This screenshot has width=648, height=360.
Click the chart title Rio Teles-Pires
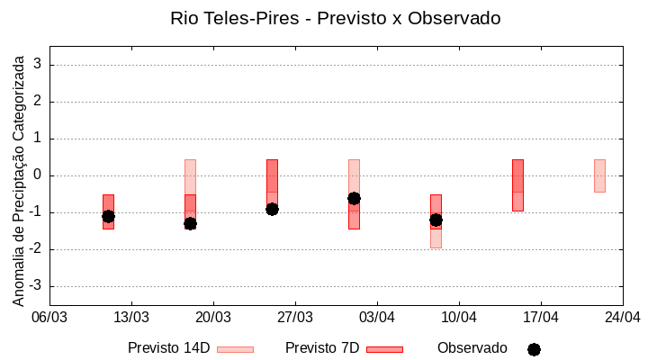pos(335,18)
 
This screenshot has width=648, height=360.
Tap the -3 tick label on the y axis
pos(36,286)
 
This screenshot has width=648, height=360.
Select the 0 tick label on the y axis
pos(39,175)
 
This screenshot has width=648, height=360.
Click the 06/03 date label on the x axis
pos(49,317)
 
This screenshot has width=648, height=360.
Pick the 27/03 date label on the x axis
pos(295,317)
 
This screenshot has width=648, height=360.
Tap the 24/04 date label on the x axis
pos(622,317)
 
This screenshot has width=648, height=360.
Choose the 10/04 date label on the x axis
pos(459,317)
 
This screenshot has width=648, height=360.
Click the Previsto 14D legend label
pos(168,348)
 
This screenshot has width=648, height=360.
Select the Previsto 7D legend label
pos(322,348)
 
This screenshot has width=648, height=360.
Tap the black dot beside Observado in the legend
pos(534,349)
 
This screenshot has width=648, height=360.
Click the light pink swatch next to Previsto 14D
pos(235,349)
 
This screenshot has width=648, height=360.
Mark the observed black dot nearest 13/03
pos(108,216)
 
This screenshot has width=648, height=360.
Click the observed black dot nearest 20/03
pos(190,223)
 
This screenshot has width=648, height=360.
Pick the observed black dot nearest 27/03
pos(272,209)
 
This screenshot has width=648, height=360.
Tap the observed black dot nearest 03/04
pos(354,198)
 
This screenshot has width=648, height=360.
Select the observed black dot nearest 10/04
pos(436,220)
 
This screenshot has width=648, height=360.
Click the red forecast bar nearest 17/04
pos(517,185)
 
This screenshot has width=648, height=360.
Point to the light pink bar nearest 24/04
pos(599,175)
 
